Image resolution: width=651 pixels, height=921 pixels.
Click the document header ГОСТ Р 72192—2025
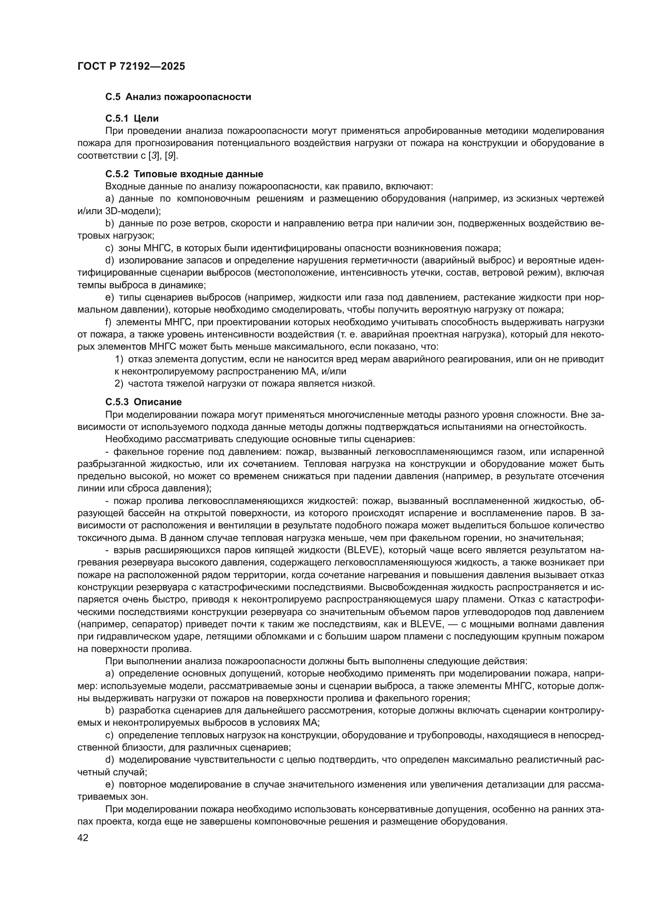(x=131, y=67)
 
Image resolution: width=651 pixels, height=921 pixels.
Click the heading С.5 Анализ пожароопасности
(x=178, y=97)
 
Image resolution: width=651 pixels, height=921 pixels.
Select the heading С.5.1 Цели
(x=132, y=119)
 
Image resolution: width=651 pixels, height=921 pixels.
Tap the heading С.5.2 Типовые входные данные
(x=184, y=174)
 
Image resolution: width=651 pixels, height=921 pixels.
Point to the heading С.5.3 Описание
(x=144, y=402)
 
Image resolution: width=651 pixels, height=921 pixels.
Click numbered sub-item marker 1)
(x=119, y=360)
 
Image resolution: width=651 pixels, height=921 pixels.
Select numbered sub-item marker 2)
(x=119, y=384)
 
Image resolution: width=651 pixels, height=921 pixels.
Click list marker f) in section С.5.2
(x=108, y=322)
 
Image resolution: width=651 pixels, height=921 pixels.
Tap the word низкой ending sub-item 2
(x=361, y=384)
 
